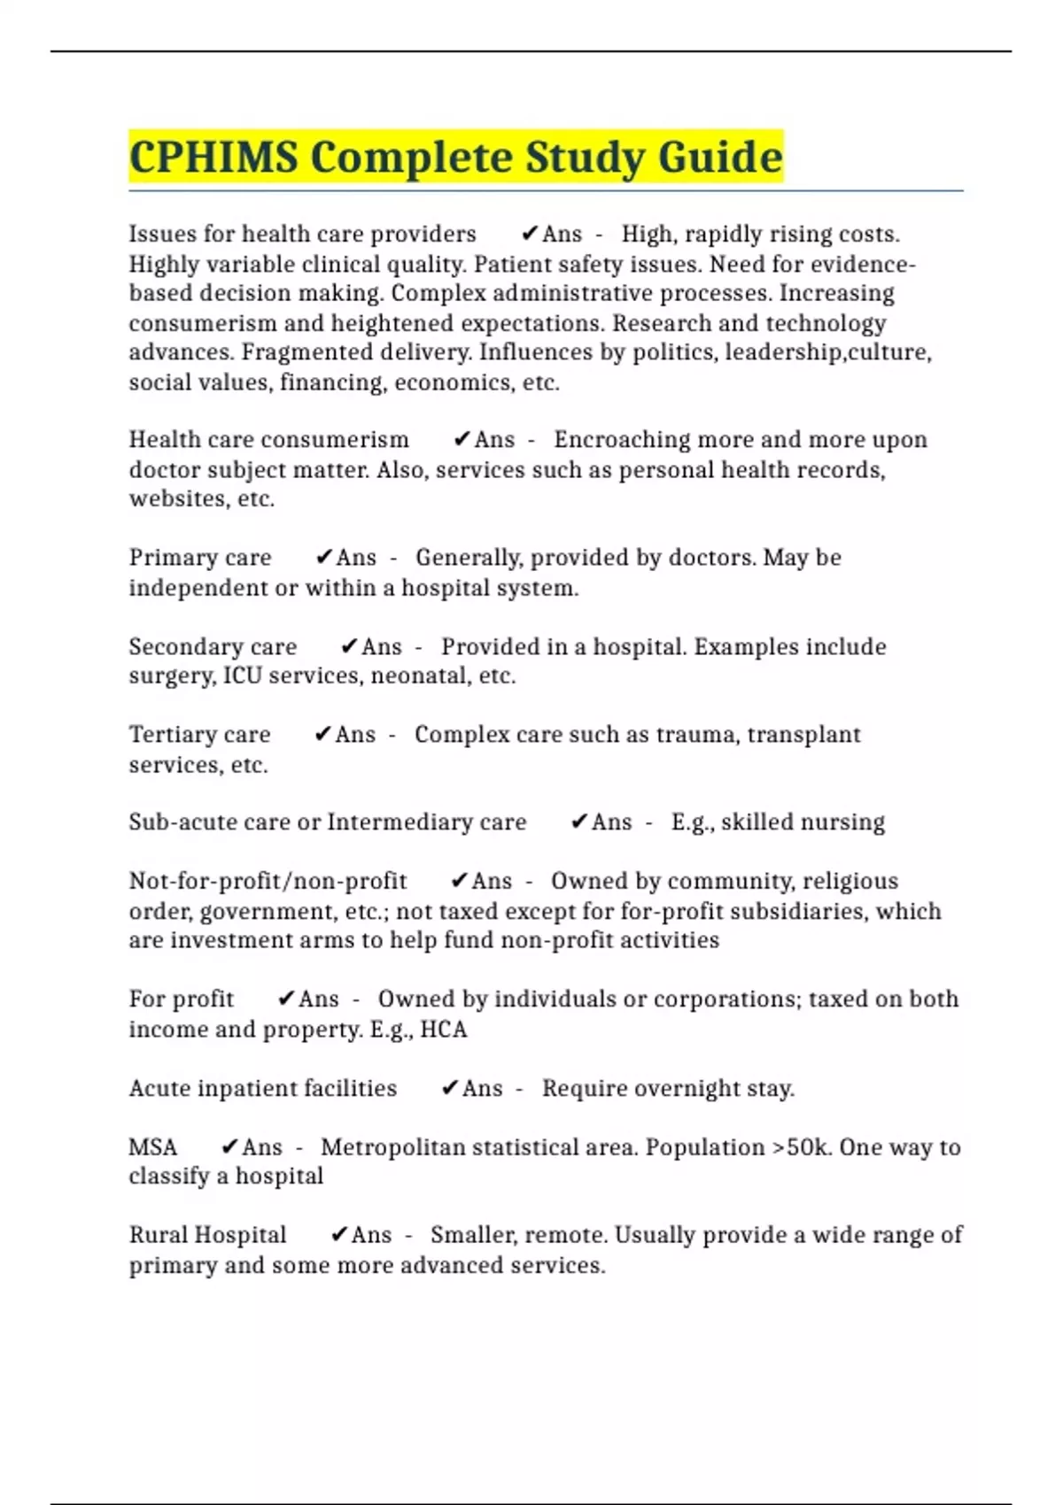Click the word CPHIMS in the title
pos(213,158)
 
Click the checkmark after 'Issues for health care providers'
pos(530,234)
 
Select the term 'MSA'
pos(153,1147)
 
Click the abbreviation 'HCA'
pos(443,1030)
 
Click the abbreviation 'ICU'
pos(242,676)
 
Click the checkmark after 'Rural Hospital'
pos(338,1235)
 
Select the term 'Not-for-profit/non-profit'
pos(268,882)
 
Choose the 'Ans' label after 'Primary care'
pos(356,558)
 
